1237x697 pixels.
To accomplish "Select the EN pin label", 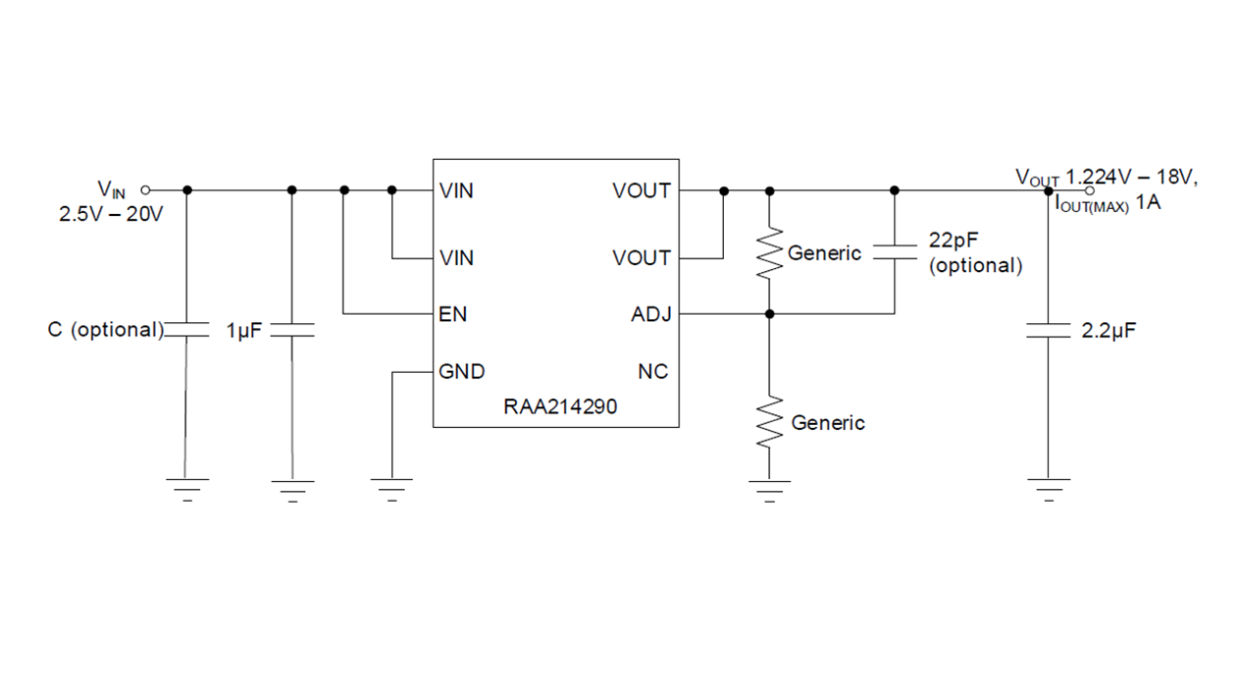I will (x=452, y=314).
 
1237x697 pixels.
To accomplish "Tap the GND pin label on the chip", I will (x=462, y=372).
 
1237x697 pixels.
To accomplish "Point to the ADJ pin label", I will (x=651, y=314).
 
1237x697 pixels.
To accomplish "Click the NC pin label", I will (x=653, y=372).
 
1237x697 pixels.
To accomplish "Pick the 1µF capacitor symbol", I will (x=292, y=330).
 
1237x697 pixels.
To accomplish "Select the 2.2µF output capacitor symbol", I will (x=1048, y=330).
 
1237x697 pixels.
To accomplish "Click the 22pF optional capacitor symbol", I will (x=894, y=252).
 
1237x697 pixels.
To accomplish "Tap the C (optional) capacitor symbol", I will (x=187, y=330).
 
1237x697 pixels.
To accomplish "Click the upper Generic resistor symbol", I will (x=769, y=253).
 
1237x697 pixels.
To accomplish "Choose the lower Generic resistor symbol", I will (x=769, y=423).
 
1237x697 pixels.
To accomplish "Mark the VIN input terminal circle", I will (x=146, y=189).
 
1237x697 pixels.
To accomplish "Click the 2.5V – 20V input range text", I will (x=111, y=213).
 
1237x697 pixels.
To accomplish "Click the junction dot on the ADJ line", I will (x=769, y=314).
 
